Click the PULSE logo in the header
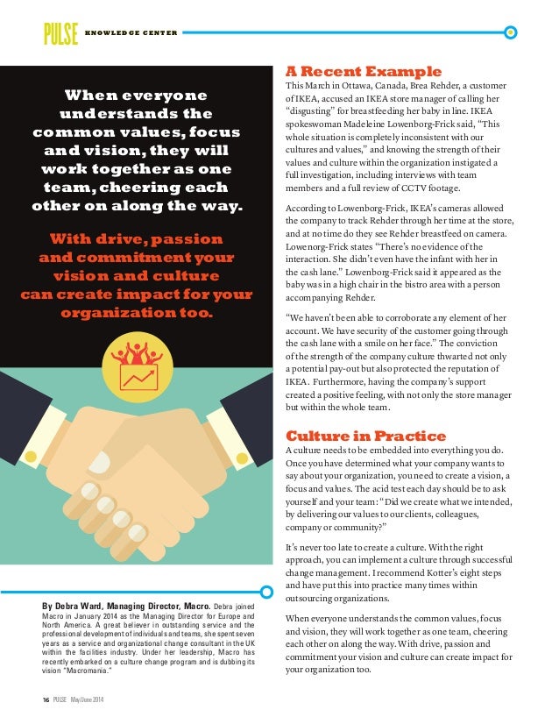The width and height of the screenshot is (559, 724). click(x=60, y=33)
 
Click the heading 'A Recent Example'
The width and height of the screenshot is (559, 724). click(x=364, y=71)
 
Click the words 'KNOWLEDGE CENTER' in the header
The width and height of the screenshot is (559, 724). click(x=131, y=34)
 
